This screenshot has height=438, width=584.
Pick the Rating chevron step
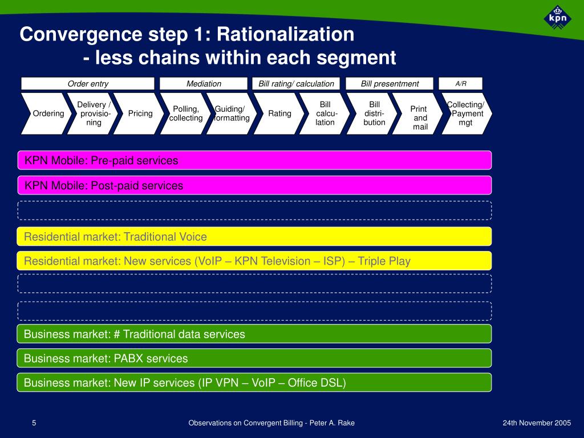point(279,113)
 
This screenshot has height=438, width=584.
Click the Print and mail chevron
point(420,117)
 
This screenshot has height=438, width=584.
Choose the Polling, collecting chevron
point(186,113)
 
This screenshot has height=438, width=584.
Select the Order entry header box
point(88,84)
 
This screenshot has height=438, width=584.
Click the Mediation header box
point(204,84)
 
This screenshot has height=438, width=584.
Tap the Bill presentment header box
point(390,84)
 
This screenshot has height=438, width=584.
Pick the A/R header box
point(461,84)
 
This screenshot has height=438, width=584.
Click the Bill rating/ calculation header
point(296,84)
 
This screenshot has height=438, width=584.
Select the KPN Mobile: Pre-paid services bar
point(254,160)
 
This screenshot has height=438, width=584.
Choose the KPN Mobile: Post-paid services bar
point(254,185)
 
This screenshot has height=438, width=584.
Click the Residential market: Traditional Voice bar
point(254,236)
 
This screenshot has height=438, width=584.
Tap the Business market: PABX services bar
point(254,358)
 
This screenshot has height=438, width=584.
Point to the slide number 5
point(34,423)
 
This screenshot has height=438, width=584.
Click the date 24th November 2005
point(537,423)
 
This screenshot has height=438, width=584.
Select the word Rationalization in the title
point(285,35)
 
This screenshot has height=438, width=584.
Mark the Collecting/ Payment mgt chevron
point(465,113)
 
